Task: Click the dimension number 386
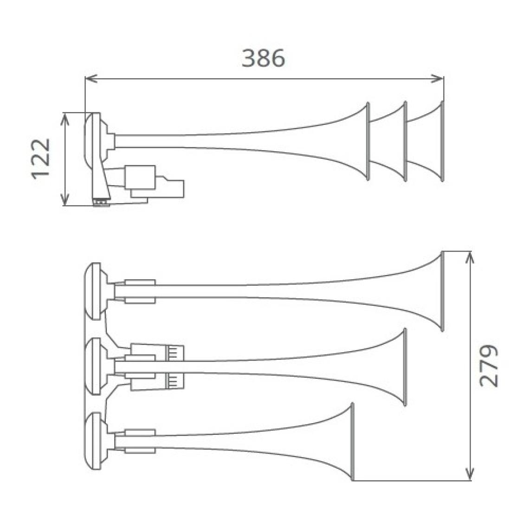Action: click(264, 58)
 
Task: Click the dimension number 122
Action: click(41, 158)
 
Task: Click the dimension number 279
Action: click(488, 365)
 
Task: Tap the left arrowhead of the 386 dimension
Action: click(91, 78)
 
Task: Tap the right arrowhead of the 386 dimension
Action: click(438, 78)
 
